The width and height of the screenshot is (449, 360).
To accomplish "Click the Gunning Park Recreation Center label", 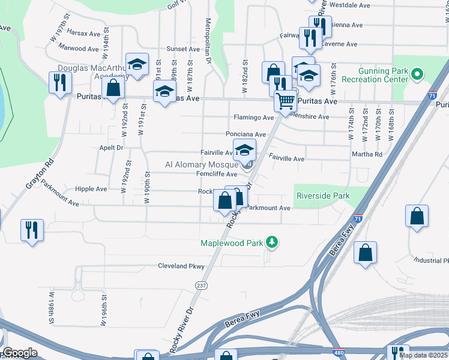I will (x=375, y=75).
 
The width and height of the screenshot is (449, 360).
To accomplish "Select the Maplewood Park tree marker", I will (x=273, y=242).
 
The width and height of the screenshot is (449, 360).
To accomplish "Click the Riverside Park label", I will (x=322, y=196).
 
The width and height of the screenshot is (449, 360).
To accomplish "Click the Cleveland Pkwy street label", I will (x=181, y=266).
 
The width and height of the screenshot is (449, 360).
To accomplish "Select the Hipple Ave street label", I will (x=91, y=188).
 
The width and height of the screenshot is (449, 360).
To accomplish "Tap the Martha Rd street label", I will (x=370, y=154).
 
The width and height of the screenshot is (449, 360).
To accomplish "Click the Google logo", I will (x=20, y=353).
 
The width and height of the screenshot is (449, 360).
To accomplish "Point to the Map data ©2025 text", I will (x=423, y=355).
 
